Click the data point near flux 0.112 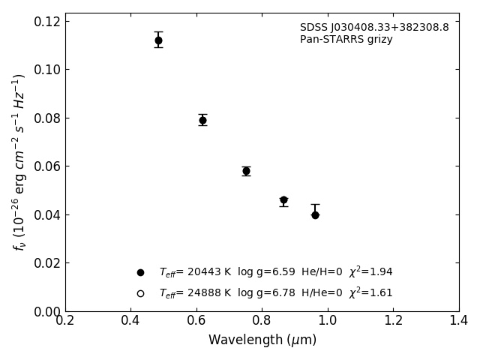[158, 40]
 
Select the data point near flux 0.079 [202, 120]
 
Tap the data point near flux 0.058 [246, 171]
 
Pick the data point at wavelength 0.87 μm [283, 200]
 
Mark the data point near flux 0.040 [315, 215]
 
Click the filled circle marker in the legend [140, 272]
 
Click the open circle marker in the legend [140, 293]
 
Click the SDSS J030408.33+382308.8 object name [374, 28]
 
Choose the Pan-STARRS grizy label [346, 40]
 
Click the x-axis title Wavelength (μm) [262, 340]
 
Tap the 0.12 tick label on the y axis [46, 21]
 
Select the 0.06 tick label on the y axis [46, 166]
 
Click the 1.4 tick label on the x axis [459, 320]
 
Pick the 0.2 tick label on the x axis [65, 320]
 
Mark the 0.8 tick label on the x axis [262, 320]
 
